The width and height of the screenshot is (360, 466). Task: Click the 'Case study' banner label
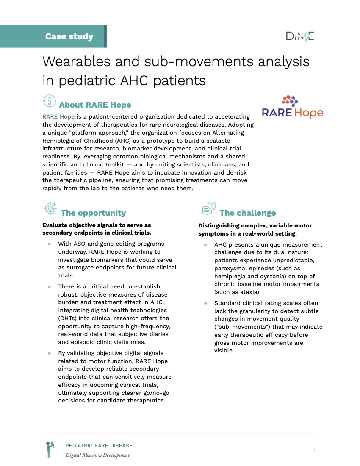point(69,36)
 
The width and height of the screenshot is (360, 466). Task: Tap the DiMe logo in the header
point(300,36)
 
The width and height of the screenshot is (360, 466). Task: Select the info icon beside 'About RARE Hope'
point(50,101)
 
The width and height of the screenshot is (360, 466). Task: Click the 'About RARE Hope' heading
point(95,105)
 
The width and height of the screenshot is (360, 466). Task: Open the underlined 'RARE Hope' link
point(58,116)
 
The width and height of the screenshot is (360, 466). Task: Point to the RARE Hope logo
point(292,107)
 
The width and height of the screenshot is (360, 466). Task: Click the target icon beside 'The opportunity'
point(50,208)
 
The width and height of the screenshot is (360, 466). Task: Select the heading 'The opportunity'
point(93,213)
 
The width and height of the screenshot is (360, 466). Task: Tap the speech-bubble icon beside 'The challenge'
point(209,208)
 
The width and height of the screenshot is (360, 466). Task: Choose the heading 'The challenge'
point(247,213)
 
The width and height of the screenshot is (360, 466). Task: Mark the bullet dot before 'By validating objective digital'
point(50,353)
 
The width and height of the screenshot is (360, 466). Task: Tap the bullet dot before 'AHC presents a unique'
point(205,245)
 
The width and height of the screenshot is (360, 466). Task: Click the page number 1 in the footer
point(314,450)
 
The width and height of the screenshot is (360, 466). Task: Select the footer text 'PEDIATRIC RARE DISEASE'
point(99,446)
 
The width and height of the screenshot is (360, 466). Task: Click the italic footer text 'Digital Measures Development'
point(97,455)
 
